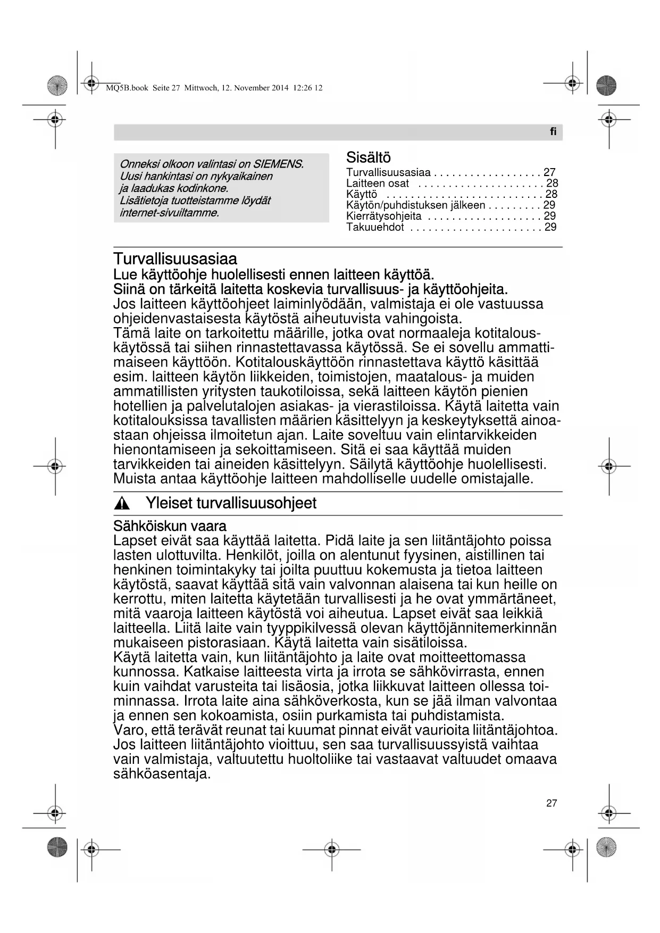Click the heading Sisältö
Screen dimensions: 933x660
(x=368, y=158)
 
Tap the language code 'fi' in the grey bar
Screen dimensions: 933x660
(x=553, y=132)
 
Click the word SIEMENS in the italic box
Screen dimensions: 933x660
(x=278, y=164)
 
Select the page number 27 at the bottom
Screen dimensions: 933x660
(x=552, y=803)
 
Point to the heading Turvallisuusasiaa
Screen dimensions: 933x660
(x=175, y=260)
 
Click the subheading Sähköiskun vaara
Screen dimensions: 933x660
(x=170, y=526)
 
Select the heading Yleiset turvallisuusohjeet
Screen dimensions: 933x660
(x=231, y=503)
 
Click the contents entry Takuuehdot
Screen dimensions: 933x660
(x=375, y=228)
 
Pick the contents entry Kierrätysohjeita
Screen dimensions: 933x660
(x=383, y=216)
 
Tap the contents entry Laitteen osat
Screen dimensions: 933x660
(x=378, y=184)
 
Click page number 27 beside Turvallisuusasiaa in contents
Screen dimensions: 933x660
(x=549, y=172)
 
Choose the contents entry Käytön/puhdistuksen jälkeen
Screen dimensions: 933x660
(x=415, y=205)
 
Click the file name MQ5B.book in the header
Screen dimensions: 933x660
(x=127, y=88)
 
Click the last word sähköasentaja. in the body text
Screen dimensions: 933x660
(x=162, y=774)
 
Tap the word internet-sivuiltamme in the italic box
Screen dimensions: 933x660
(x=169, y=213)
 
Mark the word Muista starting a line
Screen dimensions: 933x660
(x=135, y=479)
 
